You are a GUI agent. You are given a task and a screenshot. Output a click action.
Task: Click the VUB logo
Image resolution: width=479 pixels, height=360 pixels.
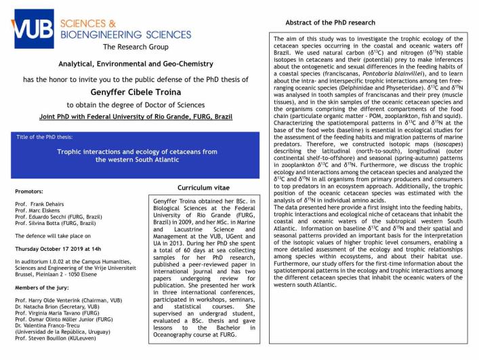32,25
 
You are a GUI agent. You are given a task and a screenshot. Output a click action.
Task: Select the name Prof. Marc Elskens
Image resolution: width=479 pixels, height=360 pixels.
41,212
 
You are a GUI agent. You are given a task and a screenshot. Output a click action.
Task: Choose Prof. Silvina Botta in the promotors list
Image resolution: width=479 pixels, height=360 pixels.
58,226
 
